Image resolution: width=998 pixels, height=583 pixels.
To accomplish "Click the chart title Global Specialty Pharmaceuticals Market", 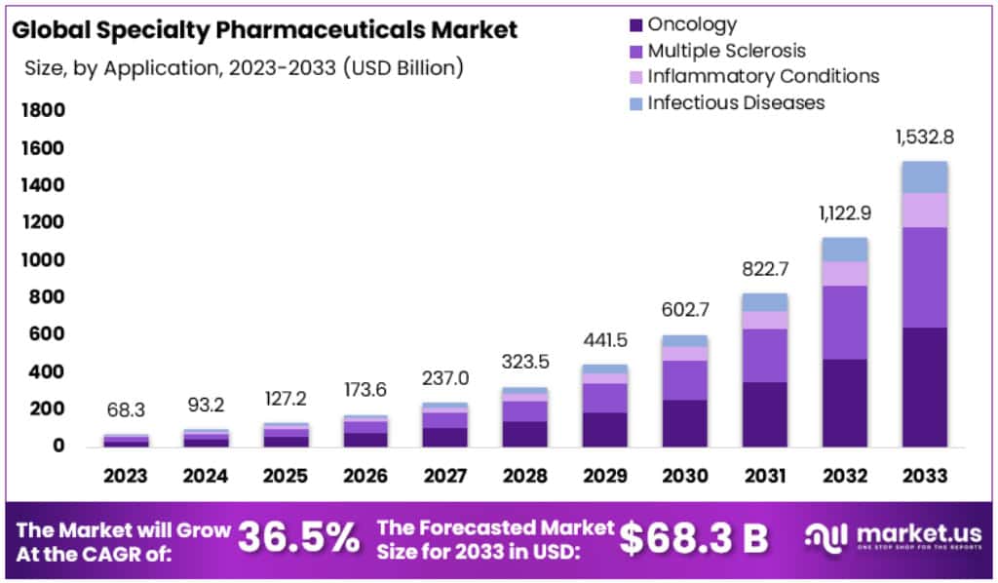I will (x=265, y=29).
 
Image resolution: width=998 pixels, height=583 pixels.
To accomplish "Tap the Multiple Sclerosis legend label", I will (x=727, y=51).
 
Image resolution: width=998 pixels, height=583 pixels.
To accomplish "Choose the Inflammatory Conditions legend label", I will (x=763, y=76).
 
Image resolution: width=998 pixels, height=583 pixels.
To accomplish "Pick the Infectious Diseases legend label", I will (x=736, y=101).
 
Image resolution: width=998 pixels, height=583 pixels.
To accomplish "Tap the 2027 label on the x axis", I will (x=445, y=476).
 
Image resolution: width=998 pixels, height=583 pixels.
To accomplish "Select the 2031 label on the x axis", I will (x=764, y=476).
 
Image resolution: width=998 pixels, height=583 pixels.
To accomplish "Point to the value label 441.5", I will (x=605, y=341).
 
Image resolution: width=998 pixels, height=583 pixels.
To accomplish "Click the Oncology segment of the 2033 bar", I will (x=924, y=387).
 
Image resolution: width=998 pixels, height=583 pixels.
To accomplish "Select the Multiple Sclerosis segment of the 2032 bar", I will (x=844, y=322).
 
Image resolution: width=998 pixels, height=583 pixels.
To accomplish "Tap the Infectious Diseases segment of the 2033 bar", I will (x=924, y=176).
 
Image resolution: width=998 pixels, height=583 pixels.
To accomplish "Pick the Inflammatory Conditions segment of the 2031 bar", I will (x=764, y=320).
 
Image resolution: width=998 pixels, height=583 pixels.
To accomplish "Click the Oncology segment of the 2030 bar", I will (x=685, y=423).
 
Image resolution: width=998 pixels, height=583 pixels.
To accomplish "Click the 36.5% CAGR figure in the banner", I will (x=298, y=536).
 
